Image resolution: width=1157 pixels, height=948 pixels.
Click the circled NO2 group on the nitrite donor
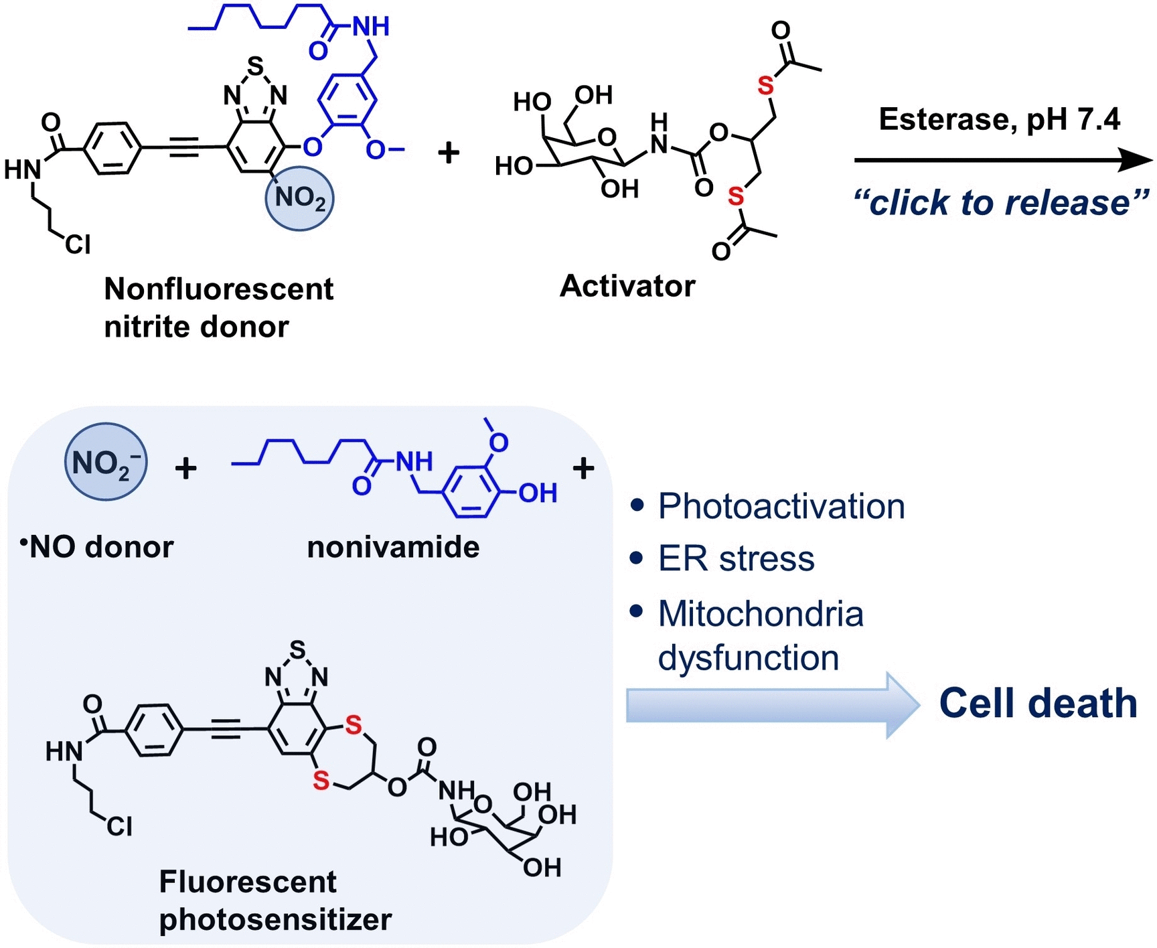tap(299, 199)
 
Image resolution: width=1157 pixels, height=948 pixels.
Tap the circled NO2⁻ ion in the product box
tap(105, 462)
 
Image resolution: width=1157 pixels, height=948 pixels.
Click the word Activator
tap(627, 286)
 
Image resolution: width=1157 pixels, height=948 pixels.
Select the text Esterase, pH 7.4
tap(999, 119)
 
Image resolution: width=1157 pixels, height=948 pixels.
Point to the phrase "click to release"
tap(1000, 202)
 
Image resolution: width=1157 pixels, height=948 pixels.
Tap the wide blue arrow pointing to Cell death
tap(770, 705)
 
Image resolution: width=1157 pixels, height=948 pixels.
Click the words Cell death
tap(1037, 704)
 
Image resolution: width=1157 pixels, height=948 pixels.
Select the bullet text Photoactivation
tap(781, 506)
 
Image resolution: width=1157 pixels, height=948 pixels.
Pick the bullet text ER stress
tap(736, 558)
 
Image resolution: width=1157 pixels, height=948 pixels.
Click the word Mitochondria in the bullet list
tap(761, 613)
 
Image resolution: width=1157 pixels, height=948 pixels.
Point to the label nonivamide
tap(393, 547)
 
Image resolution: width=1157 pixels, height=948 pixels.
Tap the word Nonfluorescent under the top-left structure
tap(219, 289)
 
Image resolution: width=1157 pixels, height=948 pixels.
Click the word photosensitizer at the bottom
tap(275, 919)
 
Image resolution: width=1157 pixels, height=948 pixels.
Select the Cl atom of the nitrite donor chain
tap(78, 245)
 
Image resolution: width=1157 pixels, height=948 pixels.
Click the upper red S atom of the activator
tap(765, 86)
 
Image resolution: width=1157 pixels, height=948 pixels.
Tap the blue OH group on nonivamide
tap(538, 493)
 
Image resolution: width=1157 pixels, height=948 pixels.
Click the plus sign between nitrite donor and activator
tap(449, 153)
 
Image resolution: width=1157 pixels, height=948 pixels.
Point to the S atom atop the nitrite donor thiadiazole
tap(255, 66)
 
